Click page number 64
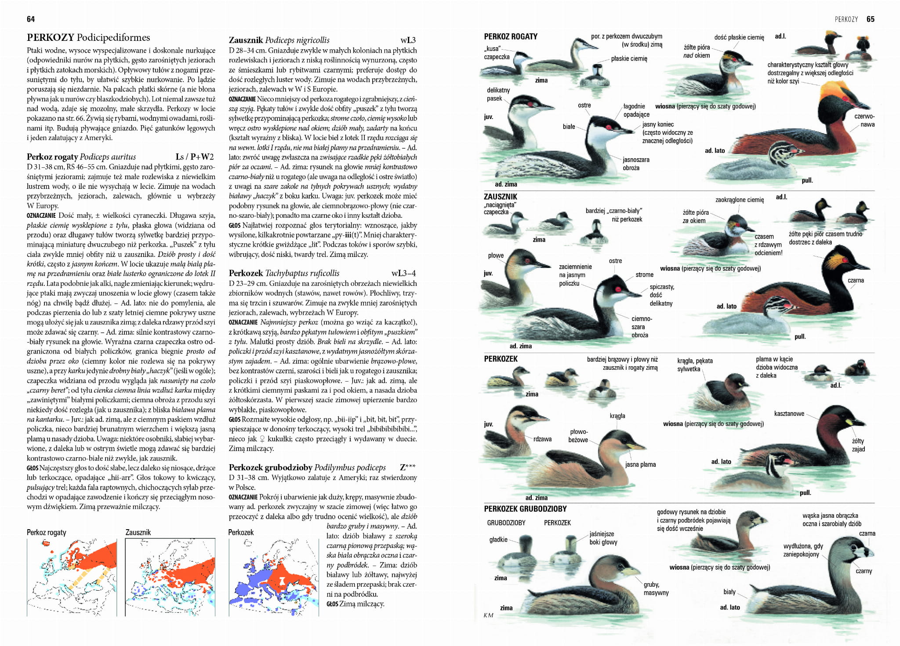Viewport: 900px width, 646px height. pyautogui.click(x=31, y=19)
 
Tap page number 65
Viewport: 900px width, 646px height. pyautogui.click(x=870, y=19)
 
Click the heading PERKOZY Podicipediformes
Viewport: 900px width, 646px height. pyautogui.click(x=88, y=37)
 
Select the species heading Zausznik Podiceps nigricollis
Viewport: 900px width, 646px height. pyautogui.click(x=279, y=40)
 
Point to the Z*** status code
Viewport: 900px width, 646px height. pyautogui.click(x=407, y=467)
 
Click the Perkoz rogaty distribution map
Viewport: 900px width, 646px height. pyautogui.click(x=72, y=577)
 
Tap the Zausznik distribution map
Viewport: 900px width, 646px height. pyautogui.click(x=170, y=577)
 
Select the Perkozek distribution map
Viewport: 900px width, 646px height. pyautogui.click(x=273, y=577)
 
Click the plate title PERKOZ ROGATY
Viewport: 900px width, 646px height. pyautogui.click(x=511, y=36)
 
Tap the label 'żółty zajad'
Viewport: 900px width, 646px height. pyautogui.click(x=858, y=444)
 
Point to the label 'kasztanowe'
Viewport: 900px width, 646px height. pyautogui.click(x=789, y=413)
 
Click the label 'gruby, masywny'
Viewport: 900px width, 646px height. pyautogui.click(x=656, y=588)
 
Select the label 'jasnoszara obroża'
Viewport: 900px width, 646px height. pyautogui.click(x=635, y=164)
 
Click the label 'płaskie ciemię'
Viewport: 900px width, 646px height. pyautogui.click(x=629, y=58)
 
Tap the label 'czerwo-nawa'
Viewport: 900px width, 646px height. pyautogui.click(x=864, y=120)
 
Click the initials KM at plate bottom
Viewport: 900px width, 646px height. pyautogui.click(x=488, y=615)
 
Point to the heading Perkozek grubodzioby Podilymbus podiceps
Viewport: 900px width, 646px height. pyautogui.click(x=307, y=467)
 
